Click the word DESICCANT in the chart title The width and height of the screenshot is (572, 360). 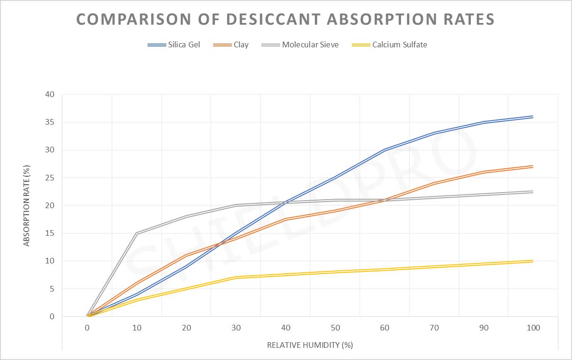(x=273, y=19)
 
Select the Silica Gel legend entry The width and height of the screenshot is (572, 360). (x=174, y=45)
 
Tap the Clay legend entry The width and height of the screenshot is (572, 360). (x=231, y=45)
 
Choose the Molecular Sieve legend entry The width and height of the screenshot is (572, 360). (x=300, y=45)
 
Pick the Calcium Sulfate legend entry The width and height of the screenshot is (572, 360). (x=389, y=45)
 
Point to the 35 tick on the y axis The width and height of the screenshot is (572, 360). (x=50, y=122)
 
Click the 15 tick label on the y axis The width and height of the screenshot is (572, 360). (x=50, y=233)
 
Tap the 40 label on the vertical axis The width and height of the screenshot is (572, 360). (x=50, y=94)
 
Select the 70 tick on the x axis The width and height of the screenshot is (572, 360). (x=434, y=328)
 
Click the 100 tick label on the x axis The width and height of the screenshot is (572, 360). (x=533, y=328)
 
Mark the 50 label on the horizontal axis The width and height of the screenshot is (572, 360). (x=335, y=328)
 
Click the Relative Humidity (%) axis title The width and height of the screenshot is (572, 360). (x=310, y=345)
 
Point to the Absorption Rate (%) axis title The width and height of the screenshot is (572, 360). (x=27, y=206)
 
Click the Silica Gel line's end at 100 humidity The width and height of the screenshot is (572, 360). (x=533, y=117)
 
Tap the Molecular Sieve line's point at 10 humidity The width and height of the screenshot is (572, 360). (x=137, y=233)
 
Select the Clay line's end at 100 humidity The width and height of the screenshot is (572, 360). (x=533, y=166)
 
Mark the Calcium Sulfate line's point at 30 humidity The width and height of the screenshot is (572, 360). (x=236, y=277)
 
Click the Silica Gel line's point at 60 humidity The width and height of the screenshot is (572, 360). (x=385, y=150)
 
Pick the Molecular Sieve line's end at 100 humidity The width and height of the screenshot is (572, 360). (x=533, y=192)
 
